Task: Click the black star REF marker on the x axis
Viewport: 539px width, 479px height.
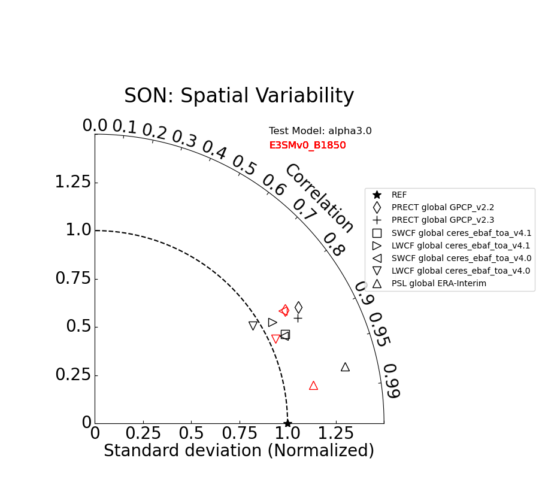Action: coord(287,423)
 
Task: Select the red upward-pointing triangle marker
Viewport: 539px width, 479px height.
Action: coord(313,386)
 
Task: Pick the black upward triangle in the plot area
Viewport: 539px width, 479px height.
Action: coord(345,367)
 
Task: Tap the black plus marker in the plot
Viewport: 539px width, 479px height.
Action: coord(298,318)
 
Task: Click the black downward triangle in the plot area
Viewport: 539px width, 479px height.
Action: coord(253,326)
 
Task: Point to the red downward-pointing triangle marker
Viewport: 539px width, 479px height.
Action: coord(275,339)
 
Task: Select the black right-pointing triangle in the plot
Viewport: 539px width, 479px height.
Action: coord(272,322)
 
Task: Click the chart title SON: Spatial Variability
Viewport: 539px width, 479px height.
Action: coord(239,96)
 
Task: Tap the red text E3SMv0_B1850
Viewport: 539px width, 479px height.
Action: coord(307,145)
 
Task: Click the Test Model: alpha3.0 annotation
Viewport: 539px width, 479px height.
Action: coord(320,131)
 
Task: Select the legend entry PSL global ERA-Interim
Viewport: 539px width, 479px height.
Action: coord(438,283)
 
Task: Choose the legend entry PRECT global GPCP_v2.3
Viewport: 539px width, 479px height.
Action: coord(443,220)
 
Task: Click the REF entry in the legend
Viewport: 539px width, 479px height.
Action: coord(399,195)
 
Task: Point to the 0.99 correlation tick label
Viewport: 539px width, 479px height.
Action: coord(390,381)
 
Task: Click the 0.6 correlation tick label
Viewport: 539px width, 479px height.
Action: coord(274,185)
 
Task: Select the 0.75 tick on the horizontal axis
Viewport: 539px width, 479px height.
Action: coord(240,433)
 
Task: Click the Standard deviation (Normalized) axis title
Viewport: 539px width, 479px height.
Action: coord(239,451)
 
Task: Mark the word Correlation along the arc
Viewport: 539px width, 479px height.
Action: coord(319,198)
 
